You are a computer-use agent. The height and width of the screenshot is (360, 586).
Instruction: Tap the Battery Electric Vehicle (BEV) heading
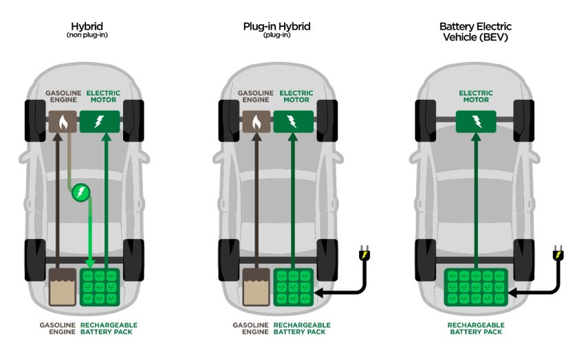(475, 32)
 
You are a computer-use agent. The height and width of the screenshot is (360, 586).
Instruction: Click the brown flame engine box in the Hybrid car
(64, 123)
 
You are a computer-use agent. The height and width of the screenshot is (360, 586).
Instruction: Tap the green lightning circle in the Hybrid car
(81, 192)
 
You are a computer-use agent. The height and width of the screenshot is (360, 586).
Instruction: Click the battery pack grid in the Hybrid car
(100, 288)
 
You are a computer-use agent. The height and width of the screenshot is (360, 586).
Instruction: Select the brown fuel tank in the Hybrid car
(63, 288)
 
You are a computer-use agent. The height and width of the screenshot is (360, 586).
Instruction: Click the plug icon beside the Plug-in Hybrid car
(362, 257)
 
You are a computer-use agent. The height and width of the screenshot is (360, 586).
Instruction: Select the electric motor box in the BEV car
(475, 123)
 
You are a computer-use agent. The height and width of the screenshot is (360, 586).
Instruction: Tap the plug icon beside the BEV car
(557, 257)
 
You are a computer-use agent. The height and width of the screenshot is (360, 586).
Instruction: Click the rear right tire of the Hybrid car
(134, 260)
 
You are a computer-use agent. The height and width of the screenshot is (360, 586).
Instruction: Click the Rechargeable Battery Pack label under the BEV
(475, 328)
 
